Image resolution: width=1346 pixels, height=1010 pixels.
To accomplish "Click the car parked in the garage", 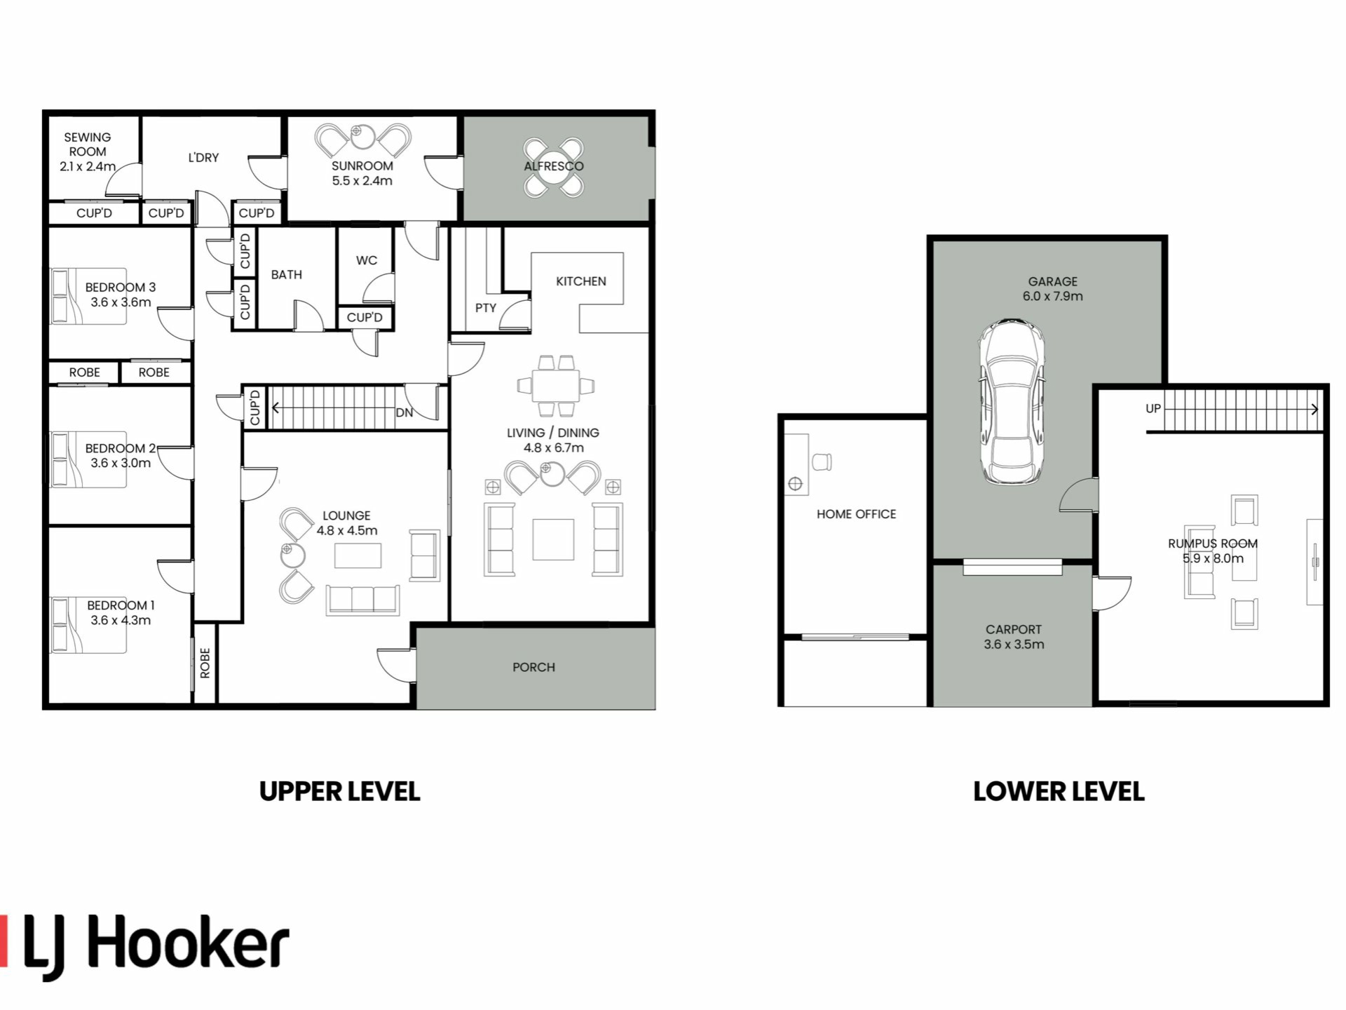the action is [1011, 401].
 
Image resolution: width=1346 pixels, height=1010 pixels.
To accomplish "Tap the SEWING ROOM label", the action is [87, 144].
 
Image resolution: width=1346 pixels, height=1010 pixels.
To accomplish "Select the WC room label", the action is [367, 260].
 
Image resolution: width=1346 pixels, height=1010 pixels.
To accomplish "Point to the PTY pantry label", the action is [485, 308].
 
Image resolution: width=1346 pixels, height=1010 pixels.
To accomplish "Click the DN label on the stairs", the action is [405, 412].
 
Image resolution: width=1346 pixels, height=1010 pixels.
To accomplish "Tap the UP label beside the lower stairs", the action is [1153, 408].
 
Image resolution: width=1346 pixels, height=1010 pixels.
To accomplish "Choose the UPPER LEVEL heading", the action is [340, 792].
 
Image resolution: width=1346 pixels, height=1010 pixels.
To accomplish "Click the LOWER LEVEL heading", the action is [1059, 792].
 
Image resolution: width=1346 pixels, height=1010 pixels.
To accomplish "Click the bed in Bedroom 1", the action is [88, 625].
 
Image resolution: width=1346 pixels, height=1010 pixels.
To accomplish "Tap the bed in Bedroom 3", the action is [88, 296].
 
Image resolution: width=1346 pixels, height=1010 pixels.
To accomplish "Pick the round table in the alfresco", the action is [553, 167].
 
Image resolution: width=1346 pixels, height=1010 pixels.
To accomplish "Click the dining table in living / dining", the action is [555, 385].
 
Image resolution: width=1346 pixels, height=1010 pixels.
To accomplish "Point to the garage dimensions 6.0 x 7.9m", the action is [1052, 296].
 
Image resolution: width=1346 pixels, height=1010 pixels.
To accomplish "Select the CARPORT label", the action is [1014, 629].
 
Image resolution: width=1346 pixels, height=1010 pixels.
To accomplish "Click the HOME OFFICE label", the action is [856, 514].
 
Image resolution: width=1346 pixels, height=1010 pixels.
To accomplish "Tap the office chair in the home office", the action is [822, 462].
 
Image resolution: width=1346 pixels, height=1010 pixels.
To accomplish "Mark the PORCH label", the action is [533, 667].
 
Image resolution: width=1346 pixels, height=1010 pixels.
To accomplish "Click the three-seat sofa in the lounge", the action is [362, 600].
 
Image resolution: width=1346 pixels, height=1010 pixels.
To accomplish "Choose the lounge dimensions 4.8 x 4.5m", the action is [347, 530].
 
